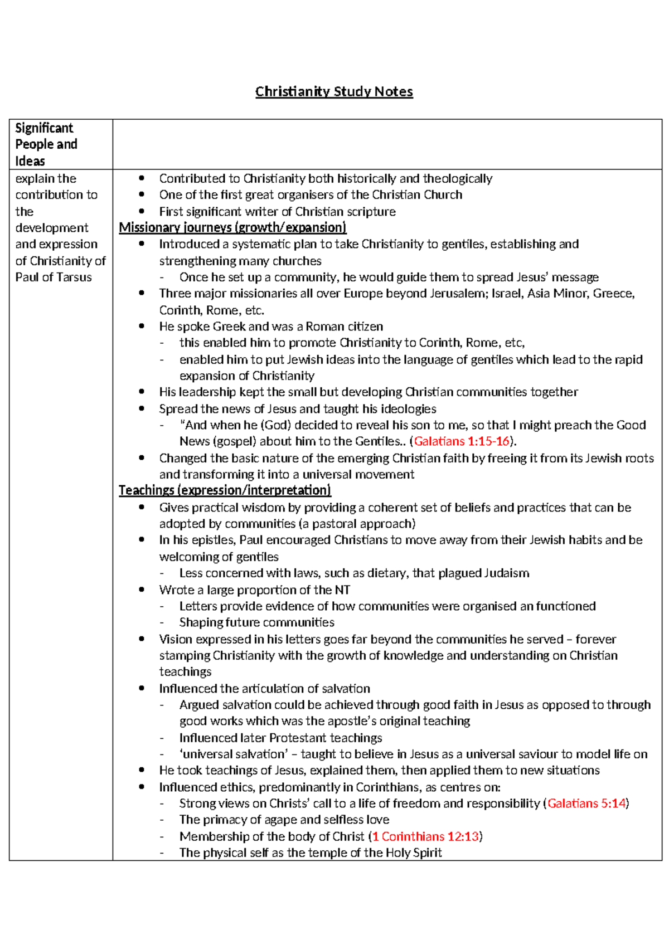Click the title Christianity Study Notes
[x=334, y=92]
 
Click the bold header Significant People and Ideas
[x=46, y=144]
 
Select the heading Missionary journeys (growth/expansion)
[x=232, y=227]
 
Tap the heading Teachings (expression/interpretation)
[x=225, y=490]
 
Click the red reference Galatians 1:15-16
[x=462, y=441]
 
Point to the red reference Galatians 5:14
[x=586, y=803]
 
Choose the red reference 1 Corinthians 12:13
[x=426, y=836]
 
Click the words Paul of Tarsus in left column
[x=54, y=277]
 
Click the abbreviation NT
[x=342, y=590]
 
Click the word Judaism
[x=506, y=573]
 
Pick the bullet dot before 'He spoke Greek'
[x=142, y=327]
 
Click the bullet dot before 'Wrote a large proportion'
[x=142, y=590]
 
